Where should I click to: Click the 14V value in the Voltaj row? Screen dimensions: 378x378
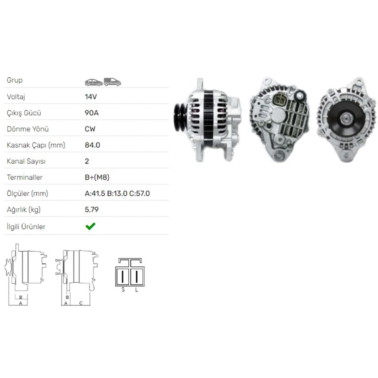point(91,97)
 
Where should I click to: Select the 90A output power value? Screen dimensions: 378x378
point(92,113)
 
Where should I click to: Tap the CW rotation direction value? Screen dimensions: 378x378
point(90,129)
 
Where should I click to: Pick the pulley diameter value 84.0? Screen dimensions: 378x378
point(92,145)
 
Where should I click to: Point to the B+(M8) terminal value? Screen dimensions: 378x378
point(97,177)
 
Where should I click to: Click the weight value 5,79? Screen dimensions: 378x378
point(92,210)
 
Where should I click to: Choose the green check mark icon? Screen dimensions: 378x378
point(90,226)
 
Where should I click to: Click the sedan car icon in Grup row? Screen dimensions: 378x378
point(94,82)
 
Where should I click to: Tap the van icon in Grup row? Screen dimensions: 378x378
point(112,82)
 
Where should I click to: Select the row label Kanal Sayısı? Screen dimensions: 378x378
point(26,161)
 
